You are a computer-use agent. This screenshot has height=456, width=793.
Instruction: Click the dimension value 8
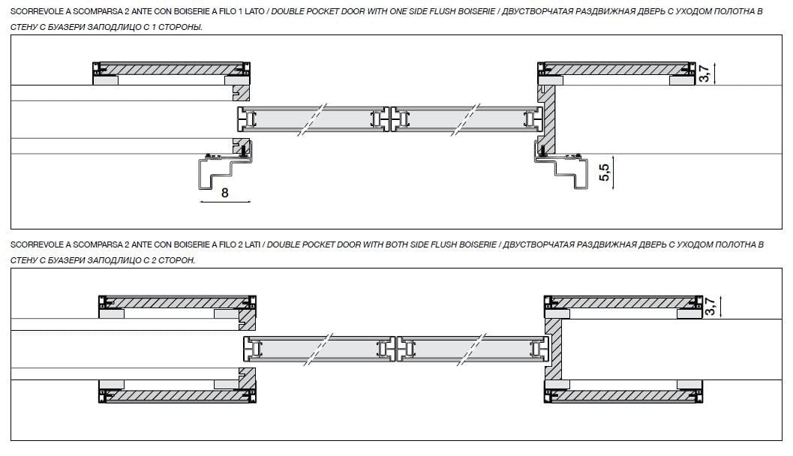[224, 193]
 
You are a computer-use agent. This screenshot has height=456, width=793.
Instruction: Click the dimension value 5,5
[604, 173]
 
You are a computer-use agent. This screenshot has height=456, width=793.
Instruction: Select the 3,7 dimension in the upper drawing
[703, 73]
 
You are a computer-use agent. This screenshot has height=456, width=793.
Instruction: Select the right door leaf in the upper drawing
[466, 118]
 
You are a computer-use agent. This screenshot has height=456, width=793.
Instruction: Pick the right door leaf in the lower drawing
[472, 349]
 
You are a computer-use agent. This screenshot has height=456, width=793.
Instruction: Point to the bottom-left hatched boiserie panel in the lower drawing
[179, 394]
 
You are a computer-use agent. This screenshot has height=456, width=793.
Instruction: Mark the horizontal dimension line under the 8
[224, 202]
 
